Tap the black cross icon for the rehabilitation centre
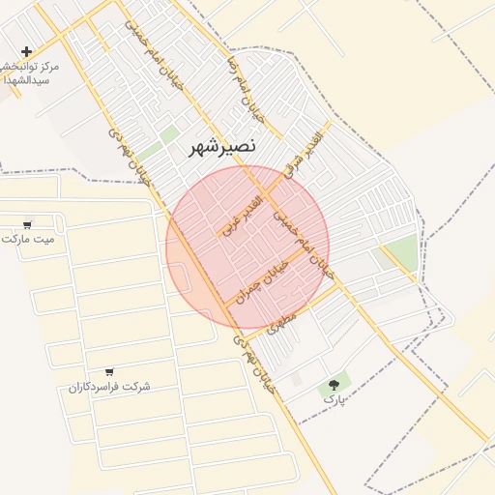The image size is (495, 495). pyautogui.click(x=26, y=51)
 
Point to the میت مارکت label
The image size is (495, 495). pyautogui.click(x=29, y=238)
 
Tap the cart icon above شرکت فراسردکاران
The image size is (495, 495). pyautogui.click(x=109, y=372)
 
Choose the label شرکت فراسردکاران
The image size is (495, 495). pyautogui.click(x=109, y=387)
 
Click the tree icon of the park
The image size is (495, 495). pyautogui.click(x=335, y=385)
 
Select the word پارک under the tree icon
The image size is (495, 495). pyautogui.click(x=334, y=398)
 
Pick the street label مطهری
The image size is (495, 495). pyautogui.click(x=279, y=321)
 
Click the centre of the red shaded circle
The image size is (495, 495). pyautogui.click(x=247, y=247)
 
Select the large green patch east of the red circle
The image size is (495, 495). pyautogui.click(x=400, y=252)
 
